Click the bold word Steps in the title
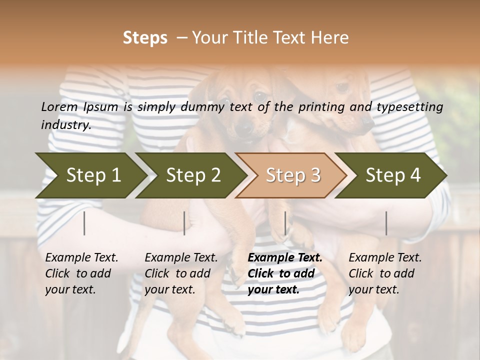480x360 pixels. (x=145, y=38)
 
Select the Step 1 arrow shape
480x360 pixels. (x=90, y=175)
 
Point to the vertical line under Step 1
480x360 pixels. (x=84, y=223)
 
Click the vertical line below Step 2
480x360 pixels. (x=184, y=223)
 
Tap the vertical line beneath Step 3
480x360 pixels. (x=285, y=223)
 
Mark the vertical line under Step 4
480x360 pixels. (x=386, y=223)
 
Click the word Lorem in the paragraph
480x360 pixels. (x=59, y=106)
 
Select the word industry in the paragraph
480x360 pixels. (x=65, y=125)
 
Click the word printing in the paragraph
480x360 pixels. (x=320, y=107)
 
